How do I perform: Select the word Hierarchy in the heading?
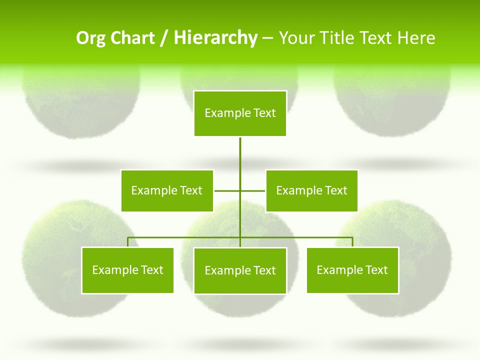tap(215, 38)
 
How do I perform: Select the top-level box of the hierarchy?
tap(240, 113)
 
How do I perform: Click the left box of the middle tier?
tap(167, 190)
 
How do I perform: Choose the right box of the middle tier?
tap(312, 190)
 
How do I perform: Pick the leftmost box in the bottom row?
tap(127, 270)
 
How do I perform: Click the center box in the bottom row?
tap(240, 270)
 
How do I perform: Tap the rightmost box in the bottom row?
tap(352, 270)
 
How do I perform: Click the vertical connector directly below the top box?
tap(240, 155)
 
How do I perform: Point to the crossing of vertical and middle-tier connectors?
tap(240, 190)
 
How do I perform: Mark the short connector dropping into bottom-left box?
tap(127, 242)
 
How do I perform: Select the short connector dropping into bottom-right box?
tap(352, 242)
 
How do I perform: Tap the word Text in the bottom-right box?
tap(376, 270)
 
